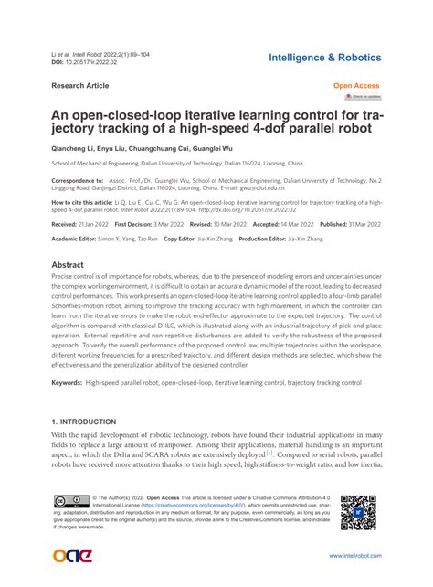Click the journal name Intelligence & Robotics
click(325, 58)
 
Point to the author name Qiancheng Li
click(77, 148)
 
